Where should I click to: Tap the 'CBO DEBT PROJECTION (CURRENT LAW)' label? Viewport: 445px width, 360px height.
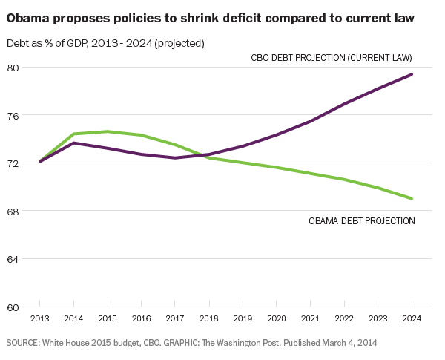[x=330, y=57]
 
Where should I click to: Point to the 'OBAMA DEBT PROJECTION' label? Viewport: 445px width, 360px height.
[x=361, y=220]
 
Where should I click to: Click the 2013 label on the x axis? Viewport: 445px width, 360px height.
[x=39, y=319]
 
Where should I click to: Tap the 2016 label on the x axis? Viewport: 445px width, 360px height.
[x=141, y=319]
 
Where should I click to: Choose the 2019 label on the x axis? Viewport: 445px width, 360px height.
[x=243, y=319]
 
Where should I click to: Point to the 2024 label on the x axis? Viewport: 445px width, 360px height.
[x=412, y=319]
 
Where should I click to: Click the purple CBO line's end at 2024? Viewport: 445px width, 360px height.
[x=412, y=74]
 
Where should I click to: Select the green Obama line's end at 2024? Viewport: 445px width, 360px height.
[x=412, y=198]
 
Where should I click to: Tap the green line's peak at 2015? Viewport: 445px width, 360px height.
[x=108, y=131]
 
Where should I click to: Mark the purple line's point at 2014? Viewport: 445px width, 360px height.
[x=73, y=143]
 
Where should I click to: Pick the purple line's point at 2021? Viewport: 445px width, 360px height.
[x=310, y=121]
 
